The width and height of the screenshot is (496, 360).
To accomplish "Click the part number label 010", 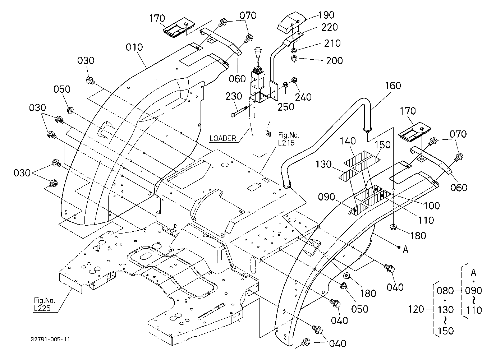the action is [x=134, y=47].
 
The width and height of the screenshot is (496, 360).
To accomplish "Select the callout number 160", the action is [x=393, y=86].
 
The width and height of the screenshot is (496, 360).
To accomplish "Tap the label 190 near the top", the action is [x=326, y=15].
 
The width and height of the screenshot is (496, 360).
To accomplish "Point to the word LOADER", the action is [x=223, y=138].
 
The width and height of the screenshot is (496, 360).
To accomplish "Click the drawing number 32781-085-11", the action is [x=50, y=340].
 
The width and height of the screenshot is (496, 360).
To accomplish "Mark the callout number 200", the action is [x=335, y=61].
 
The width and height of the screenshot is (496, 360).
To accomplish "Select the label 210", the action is [x=332, y=43].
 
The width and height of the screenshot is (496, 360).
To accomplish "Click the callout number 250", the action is [x=286, y=107].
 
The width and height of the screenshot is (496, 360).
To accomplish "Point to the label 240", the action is [x=303, y=97].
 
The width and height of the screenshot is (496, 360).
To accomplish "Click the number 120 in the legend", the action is [x=416, y=309].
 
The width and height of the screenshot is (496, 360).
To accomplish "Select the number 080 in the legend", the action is [x=445, y=291].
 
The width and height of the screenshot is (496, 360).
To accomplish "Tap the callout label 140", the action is [x=348, y=141].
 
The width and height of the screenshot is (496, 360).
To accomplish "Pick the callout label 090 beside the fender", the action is [x=326, y=197].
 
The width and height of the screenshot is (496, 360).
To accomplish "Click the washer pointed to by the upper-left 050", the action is [x=70, y=110].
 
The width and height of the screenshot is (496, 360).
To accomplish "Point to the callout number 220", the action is [x=330, y=27].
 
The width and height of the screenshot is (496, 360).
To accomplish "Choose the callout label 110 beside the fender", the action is [x=426, y=220].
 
